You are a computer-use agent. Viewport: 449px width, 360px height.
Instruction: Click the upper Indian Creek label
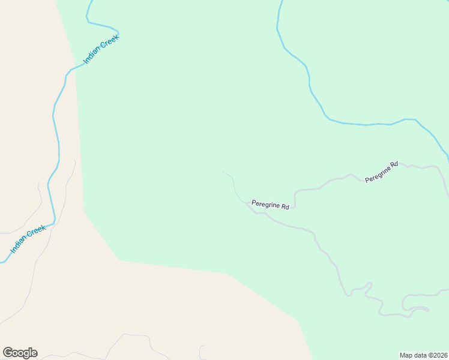click(101, 49)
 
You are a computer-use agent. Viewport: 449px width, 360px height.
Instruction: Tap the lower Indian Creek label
click(28, 239)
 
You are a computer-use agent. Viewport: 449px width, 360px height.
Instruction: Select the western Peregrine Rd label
click(270, 205)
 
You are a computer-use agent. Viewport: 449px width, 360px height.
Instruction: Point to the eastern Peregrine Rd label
click(382, 172)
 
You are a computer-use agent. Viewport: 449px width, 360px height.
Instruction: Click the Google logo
click(20, 353)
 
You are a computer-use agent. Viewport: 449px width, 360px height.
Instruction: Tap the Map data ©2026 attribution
click(423, 355)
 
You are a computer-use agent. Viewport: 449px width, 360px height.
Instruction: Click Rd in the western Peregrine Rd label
click(285, 207)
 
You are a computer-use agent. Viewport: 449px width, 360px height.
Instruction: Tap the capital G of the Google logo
click(8, 353)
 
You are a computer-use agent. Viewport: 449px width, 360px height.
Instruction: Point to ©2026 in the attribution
click(436, 355)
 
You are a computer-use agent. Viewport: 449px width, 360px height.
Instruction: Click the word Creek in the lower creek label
click(36, 233)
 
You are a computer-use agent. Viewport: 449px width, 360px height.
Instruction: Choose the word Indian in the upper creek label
click(93, 56)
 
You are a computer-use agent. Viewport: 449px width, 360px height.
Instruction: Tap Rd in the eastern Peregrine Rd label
click(394, 164)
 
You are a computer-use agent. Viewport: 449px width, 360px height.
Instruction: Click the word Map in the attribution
click(405, 355)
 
